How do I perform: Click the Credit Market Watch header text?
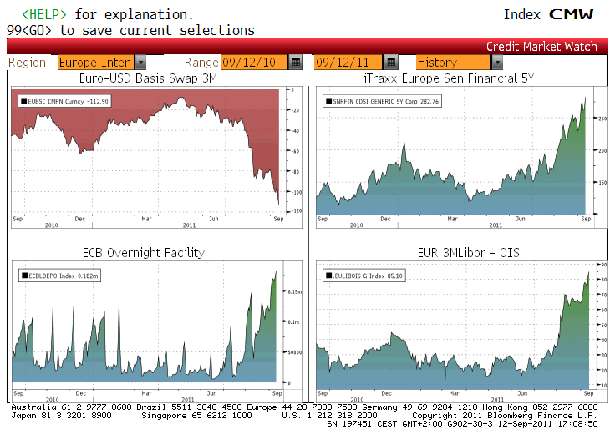541,47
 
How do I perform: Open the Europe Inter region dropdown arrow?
140,63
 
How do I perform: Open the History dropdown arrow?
497,63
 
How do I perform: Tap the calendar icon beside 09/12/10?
296,63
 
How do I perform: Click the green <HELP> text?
46,15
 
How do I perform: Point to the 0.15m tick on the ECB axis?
294,291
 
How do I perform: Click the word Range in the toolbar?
201,63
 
